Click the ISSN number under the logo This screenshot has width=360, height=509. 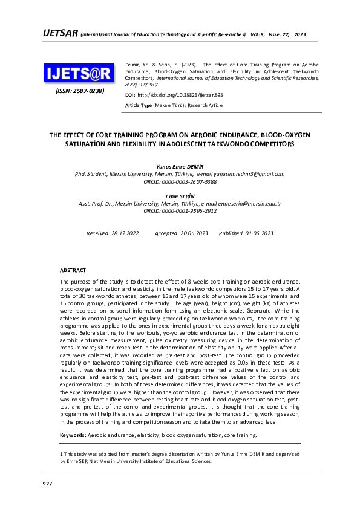80,91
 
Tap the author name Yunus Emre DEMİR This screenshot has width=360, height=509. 180,166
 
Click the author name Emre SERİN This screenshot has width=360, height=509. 180,196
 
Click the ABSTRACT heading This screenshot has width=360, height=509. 73,270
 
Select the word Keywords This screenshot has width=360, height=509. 72,435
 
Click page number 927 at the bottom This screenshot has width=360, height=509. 47,484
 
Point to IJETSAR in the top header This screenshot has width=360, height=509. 59,33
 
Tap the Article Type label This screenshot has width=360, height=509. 139,105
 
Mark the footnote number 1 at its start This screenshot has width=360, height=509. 61,453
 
